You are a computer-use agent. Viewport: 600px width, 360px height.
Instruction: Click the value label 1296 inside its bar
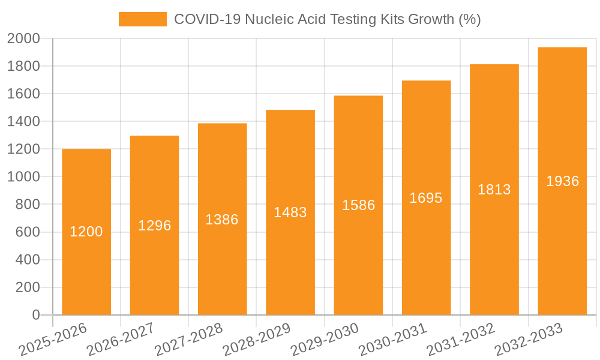[x=155, y=226]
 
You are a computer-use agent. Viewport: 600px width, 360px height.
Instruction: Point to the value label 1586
[x=359, y=205]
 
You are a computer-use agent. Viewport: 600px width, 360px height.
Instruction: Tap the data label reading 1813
[x=494, y=190]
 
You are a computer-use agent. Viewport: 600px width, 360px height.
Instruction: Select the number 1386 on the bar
[x=222, y=220]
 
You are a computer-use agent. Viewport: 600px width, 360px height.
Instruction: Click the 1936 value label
[x=562, y=181]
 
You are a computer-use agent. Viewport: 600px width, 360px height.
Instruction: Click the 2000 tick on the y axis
[x=23, y=38]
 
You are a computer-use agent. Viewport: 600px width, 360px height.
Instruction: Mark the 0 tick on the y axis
[x=35, y=315]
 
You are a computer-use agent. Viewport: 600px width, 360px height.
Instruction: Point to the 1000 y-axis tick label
[x=23, y=177]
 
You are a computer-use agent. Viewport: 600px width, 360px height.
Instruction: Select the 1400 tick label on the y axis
[x=23, y=122]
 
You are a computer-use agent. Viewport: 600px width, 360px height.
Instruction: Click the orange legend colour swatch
[x=143, y=19]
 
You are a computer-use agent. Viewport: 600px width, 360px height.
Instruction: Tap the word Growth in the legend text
[x=431, y=19]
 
